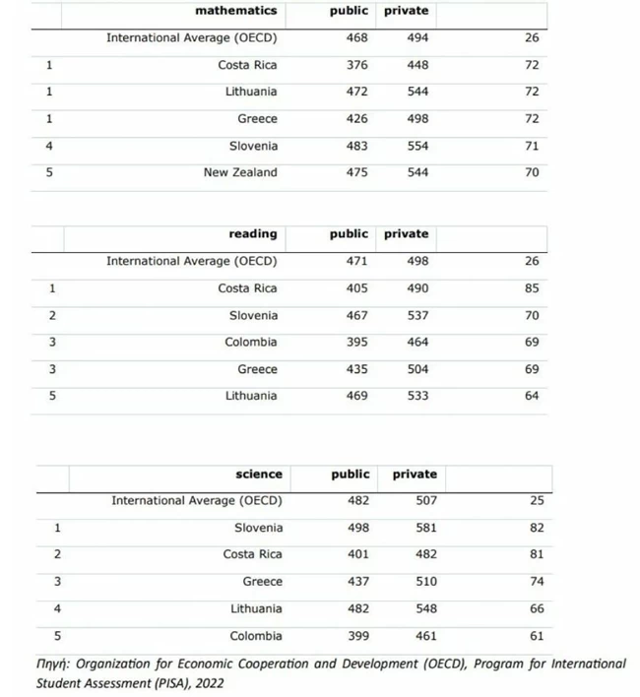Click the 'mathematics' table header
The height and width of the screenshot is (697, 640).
236,11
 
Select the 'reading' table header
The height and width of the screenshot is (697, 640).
253,234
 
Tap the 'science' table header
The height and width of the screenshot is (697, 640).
259,475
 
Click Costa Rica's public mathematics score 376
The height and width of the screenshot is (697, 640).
356,65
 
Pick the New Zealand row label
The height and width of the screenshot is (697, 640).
240,172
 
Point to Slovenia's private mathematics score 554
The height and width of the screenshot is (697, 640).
417,146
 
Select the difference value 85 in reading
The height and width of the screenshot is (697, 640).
532,288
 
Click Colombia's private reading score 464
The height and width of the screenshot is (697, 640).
417,343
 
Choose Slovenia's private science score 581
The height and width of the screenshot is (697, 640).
426,528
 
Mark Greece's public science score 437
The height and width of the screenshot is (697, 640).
358,582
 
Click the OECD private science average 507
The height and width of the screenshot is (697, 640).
426,500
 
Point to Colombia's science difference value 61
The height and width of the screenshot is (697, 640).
537,636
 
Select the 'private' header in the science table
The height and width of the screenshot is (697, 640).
415,475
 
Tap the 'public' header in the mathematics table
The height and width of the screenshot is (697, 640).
349,11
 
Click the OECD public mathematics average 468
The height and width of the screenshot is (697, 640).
356,38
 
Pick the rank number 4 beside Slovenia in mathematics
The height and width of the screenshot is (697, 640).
48,146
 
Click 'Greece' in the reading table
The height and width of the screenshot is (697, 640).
257,369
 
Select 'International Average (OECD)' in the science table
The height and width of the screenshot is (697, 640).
196,500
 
